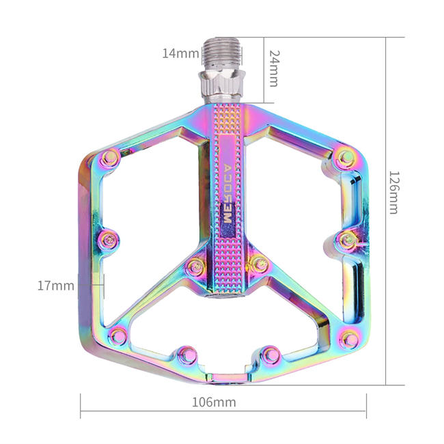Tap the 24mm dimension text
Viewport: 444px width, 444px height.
273,67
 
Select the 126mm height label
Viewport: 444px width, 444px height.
393,192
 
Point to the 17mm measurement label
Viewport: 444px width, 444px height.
55,286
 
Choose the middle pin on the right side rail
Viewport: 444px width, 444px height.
346,238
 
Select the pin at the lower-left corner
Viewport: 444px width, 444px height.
119,335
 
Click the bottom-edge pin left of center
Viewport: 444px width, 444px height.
184,354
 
